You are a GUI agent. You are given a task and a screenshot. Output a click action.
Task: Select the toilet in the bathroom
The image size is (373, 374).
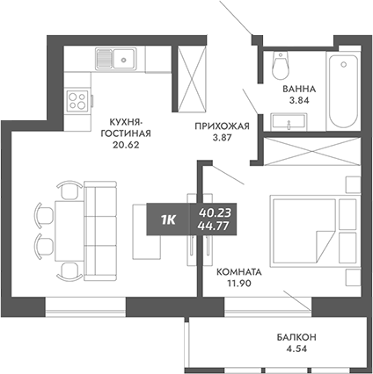coord(282,66)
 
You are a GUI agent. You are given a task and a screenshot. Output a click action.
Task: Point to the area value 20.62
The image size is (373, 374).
coord(128,147)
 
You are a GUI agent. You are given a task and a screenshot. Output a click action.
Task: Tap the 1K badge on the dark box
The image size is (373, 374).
coord(167,219)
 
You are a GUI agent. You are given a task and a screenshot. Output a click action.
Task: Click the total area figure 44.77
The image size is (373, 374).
coord(216,227)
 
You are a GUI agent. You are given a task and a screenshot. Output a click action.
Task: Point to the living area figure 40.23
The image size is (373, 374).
coord(216,212)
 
